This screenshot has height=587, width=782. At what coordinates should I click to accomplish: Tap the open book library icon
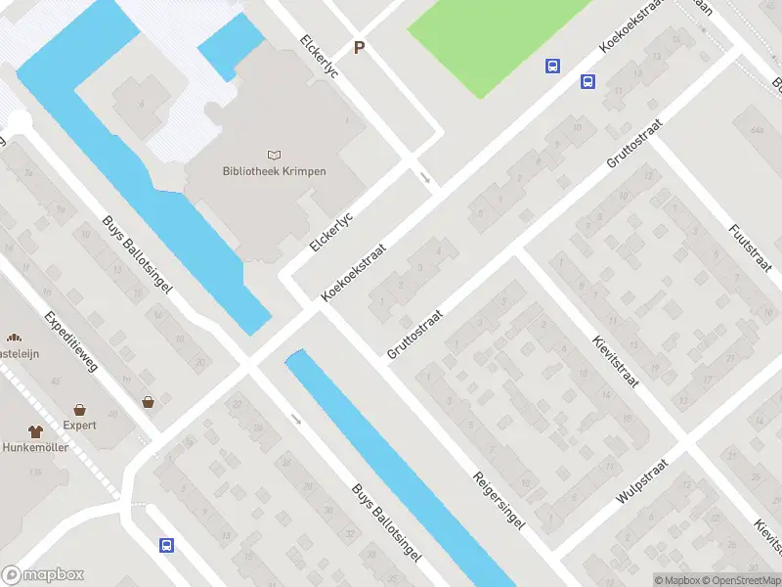click(274, 155)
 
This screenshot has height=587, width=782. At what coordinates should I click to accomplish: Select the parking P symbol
click(360, 47)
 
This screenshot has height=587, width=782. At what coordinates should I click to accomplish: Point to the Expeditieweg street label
click(71, 342)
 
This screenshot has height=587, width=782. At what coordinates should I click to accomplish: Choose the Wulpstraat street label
click(641, 481)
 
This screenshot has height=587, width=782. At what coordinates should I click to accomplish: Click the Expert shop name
click(79, 426)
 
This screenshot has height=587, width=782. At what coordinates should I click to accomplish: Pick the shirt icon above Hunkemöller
click(35, 430)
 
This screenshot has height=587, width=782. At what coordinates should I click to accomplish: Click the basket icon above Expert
click(79, 409)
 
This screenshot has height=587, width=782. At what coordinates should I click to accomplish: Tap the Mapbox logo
click(43, 575)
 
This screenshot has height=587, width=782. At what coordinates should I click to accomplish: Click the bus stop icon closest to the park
click(552, 66)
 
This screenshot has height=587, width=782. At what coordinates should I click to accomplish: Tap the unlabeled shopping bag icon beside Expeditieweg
click(148, 401)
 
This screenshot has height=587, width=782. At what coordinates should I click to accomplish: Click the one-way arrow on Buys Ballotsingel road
click(296, 420)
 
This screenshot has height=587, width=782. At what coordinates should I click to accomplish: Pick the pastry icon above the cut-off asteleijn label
click(16, 338)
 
